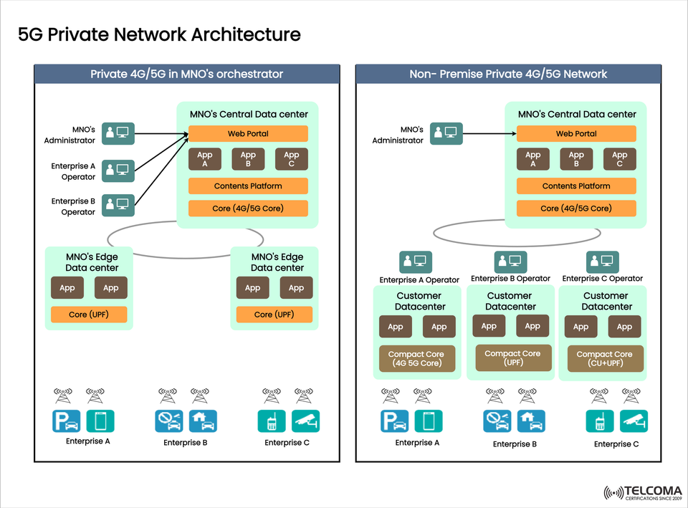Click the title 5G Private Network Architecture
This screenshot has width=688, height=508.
tap(159, 34)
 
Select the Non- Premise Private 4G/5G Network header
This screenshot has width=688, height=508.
tap(508, 74)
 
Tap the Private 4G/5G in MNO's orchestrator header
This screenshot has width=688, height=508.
tap(186, 74)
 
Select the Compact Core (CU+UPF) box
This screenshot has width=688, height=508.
tap(604, 359)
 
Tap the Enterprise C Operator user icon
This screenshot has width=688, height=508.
tap(602, 262)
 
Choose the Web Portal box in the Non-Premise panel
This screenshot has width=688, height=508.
tap(576, 134)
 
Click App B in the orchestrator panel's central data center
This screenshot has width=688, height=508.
tap(248, 159)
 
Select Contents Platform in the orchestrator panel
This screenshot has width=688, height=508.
tap(248, 186)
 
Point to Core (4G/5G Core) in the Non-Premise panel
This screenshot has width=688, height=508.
tap(576, 209)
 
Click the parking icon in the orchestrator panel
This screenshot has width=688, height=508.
tap(66, 421)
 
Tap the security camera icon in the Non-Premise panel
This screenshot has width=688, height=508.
tap(634, 421)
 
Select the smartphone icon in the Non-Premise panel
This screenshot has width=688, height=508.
tap(429, 421)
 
